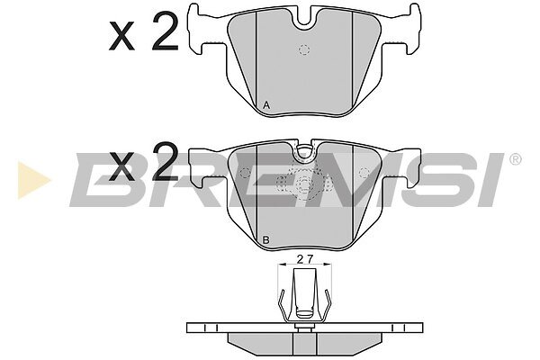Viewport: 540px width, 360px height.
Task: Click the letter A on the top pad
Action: pos(266,105)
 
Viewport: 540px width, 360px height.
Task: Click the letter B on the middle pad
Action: pos(265,240)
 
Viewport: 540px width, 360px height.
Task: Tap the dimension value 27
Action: pos(305,259)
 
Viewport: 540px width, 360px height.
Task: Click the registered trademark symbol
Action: pos(515,159)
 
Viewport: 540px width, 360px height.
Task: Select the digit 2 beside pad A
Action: pos(165,31)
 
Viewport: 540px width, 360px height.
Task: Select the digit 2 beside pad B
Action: pos(165,162)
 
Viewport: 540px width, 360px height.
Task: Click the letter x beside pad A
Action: pos(121,36)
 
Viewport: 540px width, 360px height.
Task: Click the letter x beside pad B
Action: pos(121,167)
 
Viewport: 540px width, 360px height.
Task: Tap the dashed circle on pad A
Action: pos(304,50)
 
